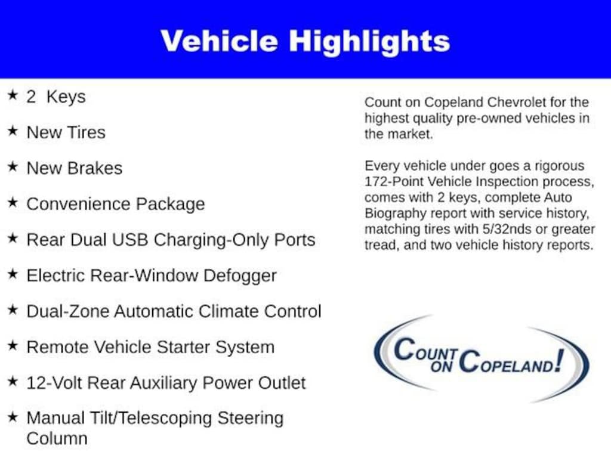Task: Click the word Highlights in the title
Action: pyautogui.click(x=369, y=42)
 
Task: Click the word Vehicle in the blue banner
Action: pyautogui.click(x=219, y=41)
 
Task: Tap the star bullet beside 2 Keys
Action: pyautogui.click(x=13, y=95)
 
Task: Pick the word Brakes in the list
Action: pyautogui.click(x=95, y=168)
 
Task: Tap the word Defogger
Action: pyautogui.click(x=240, y=276)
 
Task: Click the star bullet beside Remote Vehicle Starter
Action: pyautogui.click(x=13, y=345)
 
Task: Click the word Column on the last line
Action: pyautogui.click(x=57, y=439)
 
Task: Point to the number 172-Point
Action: pyautogui.click(x=394, y=181)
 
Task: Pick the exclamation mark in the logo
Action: pyautogui.click(x=559, y=360)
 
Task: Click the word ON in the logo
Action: pyautogui.click(x=442, y=366)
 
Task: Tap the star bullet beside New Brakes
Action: pyautogui.click(x=13, y=166)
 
